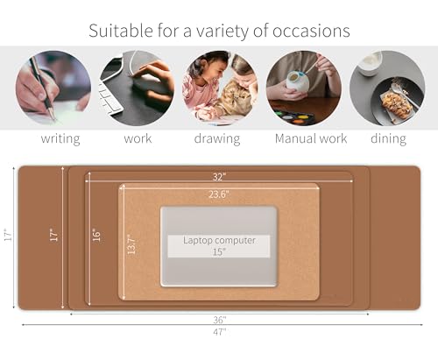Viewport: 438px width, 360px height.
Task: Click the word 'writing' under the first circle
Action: click(x=60, y=138)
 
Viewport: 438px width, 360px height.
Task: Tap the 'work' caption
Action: click(x=137, y=138)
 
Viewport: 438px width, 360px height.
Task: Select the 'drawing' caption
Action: click(x=219, y=138)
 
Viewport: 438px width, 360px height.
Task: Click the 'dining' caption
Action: click(x=387, y=138)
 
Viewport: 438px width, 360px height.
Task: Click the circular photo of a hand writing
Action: click(x=53, y=88)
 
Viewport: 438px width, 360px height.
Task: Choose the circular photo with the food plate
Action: click(x=387, y=88)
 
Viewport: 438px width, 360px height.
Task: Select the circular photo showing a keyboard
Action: click(x=136, y=88)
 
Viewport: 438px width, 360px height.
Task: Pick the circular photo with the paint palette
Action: click(x=303, y=88)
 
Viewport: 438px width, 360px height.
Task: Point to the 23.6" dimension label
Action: click(x=219, y=194)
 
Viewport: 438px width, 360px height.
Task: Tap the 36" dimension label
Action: click(x=219, y=319)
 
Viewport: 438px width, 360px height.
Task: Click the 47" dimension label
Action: click(x=219, y=331)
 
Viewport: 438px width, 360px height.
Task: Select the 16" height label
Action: click(x=96, y=235)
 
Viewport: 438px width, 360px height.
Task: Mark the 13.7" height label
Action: click(x=131, y=243)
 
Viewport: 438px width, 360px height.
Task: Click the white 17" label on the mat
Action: click(x=53, y=235)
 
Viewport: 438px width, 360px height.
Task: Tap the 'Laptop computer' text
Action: click(x=219, y=239)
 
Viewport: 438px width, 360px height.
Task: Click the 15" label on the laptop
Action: click(x=219, y=251)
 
